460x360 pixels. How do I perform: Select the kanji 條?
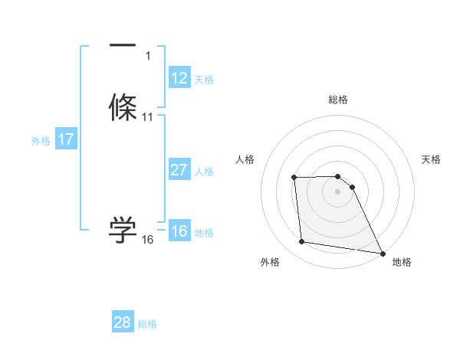pyautogui.click(x=123, y=106)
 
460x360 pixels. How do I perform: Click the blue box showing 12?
pyautogui.click(x=179, y=78)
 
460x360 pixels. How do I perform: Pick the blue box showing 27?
pyautogui.click(x=179, y=170)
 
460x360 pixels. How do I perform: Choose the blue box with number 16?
pyautogui.click(x=179, y=231)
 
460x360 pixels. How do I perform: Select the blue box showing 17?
pyautogui.click(x=66, y=139)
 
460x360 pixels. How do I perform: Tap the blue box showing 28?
pyautogui.click(x=123, y=322)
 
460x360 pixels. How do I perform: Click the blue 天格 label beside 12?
pyautogui.click(x=204, y=80)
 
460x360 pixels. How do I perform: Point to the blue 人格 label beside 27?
pyautogui.click(x=205, y=172)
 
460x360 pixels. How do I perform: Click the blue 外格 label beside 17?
pyautogui.click(x=41, y=141)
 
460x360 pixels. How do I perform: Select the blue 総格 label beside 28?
pyautogui.click(x=147, y=324)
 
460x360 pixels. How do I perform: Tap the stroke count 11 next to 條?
pyautogui.click(x=148, y=117)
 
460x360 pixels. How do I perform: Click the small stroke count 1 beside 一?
pyautogui.click(x=148, y=56)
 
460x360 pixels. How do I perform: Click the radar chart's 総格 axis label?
pyautogui.click(x=338, y=100)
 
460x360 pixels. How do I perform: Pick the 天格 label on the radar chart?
pyautogui.click(x=432, y=159)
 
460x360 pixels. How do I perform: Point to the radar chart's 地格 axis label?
pyautogui.click(x=402, y=262)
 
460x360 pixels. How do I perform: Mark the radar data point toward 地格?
pyautogui.click(x=383, y=253)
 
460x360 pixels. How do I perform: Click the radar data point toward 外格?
pyautogui.click(x=302, y=242)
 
